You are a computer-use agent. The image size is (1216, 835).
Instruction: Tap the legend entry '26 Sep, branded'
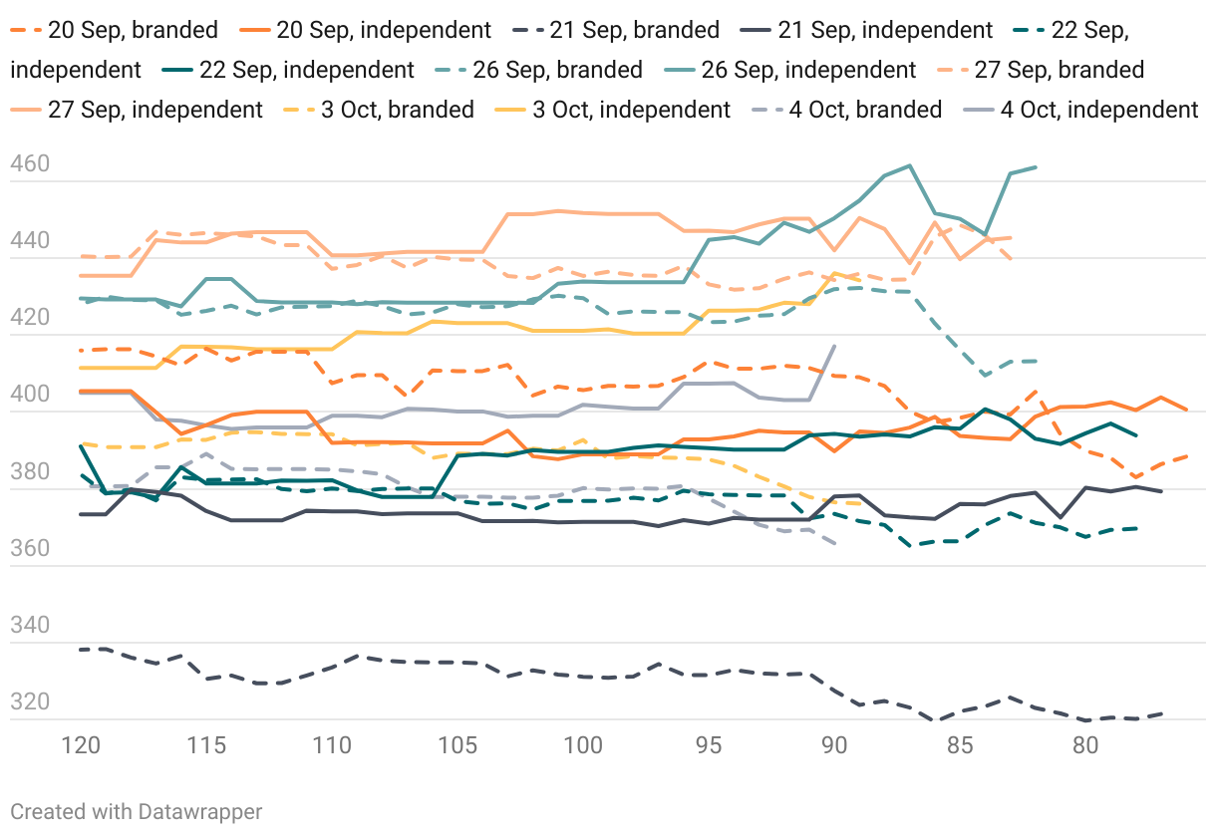573,70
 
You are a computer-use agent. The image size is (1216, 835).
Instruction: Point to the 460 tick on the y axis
30,164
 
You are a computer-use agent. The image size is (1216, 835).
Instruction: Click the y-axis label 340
30,625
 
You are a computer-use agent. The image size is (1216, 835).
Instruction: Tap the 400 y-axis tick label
30,395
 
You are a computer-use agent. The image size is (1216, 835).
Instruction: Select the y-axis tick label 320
30,701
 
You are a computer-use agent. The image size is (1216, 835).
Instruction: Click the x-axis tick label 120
81,745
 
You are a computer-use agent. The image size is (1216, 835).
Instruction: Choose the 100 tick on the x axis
583,745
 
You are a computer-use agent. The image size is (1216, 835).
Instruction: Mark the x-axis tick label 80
1085,745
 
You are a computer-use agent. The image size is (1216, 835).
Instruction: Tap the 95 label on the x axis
709,745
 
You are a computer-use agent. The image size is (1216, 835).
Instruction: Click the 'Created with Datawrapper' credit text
137,811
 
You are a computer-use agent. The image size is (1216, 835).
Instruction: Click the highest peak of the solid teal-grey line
909,165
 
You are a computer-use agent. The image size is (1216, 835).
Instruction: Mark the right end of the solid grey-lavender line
834,346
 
